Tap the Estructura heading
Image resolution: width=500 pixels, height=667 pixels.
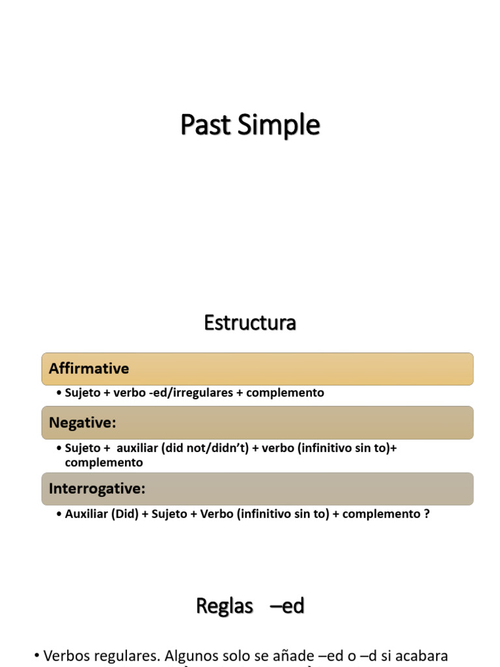point(250,322)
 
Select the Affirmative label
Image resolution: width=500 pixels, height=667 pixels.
point(89,369)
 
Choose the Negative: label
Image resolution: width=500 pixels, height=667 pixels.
point(83,423)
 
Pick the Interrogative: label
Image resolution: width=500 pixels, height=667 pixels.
point(97,489)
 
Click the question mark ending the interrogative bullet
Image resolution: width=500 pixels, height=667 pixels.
point(426,514)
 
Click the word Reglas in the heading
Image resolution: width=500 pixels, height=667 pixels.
point(224,606)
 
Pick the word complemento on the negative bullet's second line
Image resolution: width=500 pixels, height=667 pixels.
point(104,462)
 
